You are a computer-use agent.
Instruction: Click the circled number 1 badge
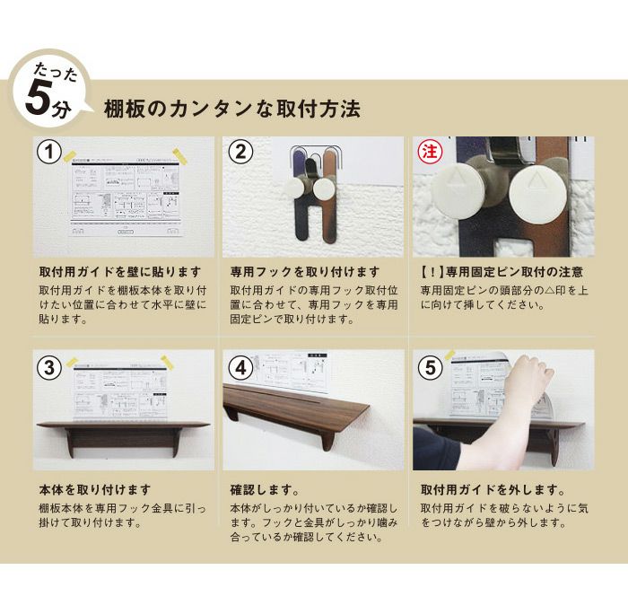tap(49, 153)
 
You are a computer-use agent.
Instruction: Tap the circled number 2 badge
tap(240, 153)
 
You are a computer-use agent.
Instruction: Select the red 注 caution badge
tap(431, 153)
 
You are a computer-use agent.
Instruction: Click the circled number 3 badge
tap(49, 367)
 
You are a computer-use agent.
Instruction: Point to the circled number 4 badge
tap(240, 367)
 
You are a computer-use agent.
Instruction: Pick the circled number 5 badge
tap(431, 367)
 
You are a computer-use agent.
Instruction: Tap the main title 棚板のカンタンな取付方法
tap(232, 109)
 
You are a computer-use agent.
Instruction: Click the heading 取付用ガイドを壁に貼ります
tap(120, 272)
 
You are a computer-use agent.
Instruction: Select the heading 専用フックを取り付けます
tap(305, 272)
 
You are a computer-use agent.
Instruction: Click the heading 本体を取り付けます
tap(95, 490)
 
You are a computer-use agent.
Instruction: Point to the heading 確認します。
tap(265, 490)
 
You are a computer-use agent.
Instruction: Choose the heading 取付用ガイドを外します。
tap(493, 490)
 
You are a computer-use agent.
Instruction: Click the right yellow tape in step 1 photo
tap(179, 156)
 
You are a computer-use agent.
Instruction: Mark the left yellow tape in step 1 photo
tap(71, 156)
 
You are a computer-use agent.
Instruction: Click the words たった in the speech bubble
tap(56, 73)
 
